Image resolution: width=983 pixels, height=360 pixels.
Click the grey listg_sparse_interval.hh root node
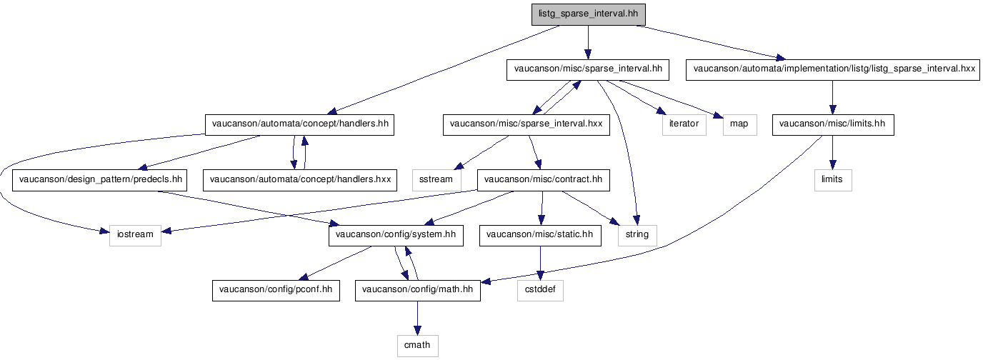588,14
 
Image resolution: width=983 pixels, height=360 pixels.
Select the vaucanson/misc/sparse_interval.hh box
588,70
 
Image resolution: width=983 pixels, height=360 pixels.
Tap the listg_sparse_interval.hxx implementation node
832,70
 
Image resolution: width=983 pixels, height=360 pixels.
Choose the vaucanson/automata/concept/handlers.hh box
299,125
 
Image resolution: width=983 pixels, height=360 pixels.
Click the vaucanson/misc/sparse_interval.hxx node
527,125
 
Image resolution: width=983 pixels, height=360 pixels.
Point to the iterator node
684,125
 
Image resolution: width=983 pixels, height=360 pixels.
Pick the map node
740,125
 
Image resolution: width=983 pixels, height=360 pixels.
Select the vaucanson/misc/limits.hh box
833,125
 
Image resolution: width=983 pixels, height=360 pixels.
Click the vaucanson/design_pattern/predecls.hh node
99,180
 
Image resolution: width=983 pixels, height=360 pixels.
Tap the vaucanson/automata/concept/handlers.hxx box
300,180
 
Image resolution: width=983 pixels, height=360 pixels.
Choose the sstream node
436,180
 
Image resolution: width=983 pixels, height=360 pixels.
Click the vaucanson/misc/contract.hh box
543,180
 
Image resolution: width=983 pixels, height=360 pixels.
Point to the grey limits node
833,180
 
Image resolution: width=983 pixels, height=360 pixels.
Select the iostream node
135,235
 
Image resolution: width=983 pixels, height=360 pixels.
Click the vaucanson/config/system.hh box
396,235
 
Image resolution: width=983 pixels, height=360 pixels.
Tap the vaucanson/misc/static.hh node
540,235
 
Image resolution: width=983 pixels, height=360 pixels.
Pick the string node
637,235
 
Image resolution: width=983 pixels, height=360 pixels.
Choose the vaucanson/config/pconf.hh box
276,290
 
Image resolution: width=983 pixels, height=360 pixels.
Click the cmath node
417,346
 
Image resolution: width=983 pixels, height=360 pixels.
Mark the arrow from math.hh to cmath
417,319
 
